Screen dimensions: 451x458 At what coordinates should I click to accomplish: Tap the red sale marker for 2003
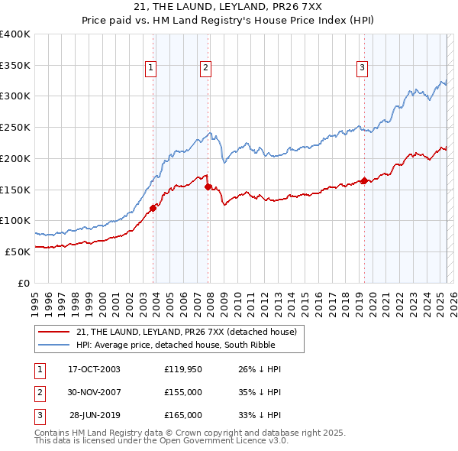pyautogui.click(x=153, y=207)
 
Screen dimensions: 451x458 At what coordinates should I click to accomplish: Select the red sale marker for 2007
pyautogui.click(x=208, y=186)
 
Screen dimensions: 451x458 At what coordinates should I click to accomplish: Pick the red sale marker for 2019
pyautogui.click(x=364, y=180)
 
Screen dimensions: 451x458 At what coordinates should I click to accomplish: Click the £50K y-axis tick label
pyautogui.click(x=17, y=251)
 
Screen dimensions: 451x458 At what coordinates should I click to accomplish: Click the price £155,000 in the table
pyautogui.click(x=182, y=393)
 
